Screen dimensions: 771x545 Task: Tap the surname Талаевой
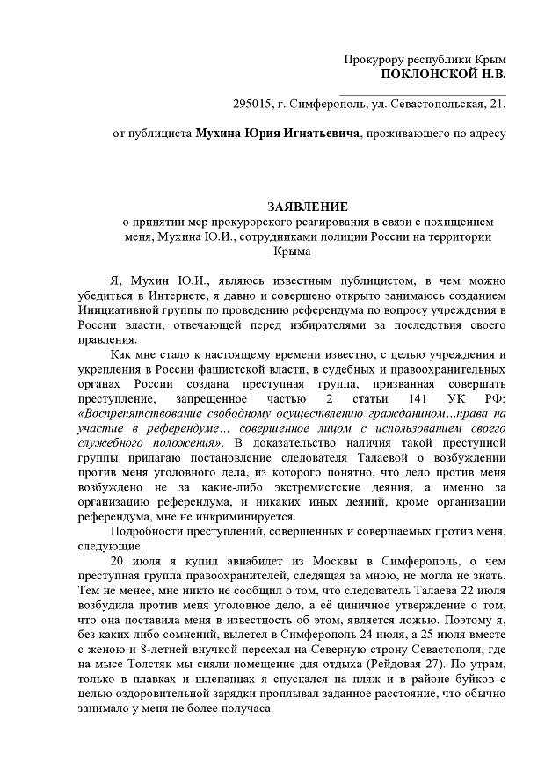pos(376,457)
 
